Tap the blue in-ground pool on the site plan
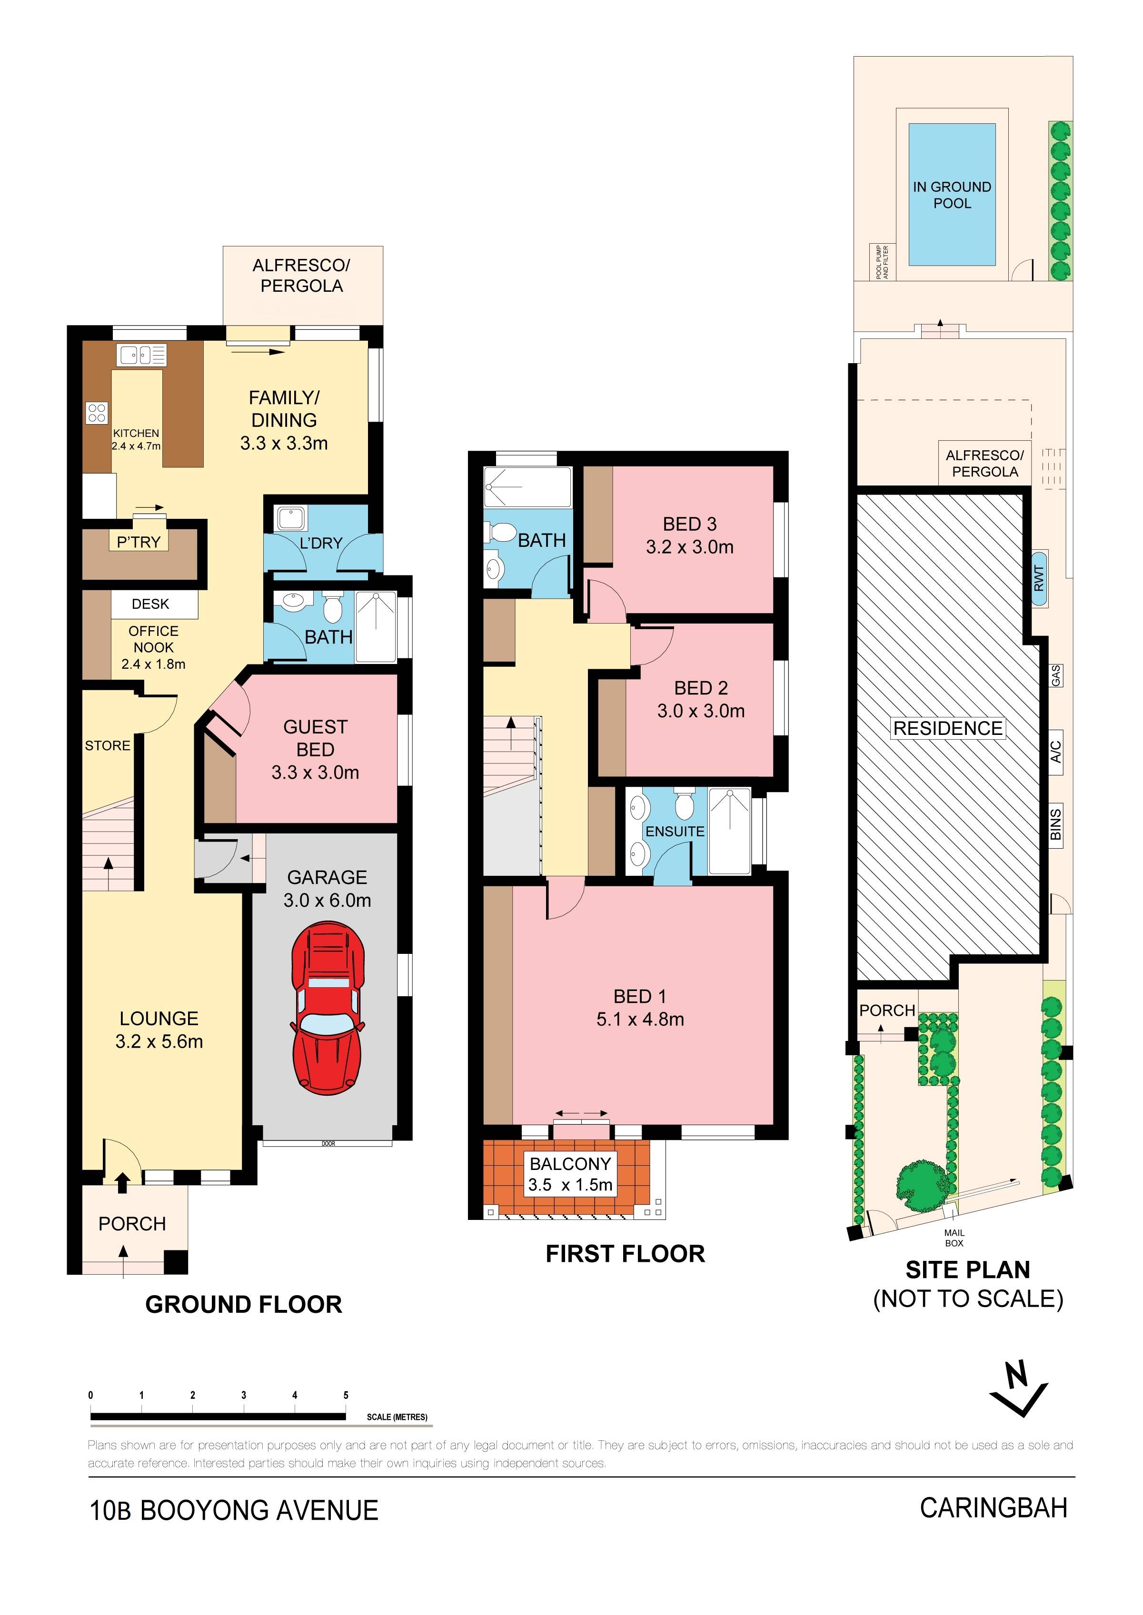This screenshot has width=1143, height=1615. click(x=952, y=195)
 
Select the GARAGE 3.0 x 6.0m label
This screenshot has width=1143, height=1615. click(x=327, y=889)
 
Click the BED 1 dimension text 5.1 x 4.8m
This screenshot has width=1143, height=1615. click(x=640, y=1019)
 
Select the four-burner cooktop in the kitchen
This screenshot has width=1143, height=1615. click(x=97, y=413)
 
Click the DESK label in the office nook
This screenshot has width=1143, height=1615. click(x=150, y=604)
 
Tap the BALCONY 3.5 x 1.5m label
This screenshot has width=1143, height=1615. click(x=570, y=1175)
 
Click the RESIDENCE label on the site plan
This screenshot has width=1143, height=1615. click(x=947, y=728)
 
